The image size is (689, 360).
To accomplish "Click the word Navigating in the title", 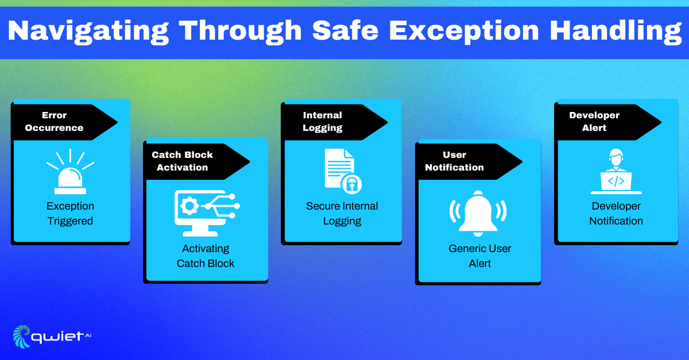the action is pos(88,32).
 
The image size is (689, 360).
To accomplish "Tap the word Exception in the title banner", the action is pos(464,32).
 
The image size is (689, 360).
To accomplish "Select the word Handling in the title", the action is pos(616,32).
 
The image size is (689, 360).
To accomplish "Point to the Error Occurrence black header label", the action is pos(64,122).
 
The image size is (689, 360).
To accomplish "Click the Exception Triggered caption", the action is pos(70,213).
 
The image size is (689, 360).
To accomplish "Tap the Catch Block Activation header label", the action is pos(197,161).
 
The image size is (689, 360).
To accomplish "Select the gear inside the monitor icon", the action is pos(189,206).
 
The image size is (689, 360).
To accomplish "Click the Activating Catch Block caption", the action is pos(206,256).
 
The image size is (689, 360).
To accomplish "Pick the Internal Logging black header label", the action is pos(335,122).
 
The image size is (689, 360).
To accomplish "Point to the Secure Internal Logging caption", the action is pos(342,213).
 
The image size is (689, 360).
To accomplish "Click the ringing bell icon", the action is pos(478,213).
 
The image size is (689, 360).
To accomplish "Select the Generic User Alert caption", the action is pos(480,256).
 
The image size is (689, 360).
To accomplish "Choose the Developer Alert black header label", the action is pos(608,122).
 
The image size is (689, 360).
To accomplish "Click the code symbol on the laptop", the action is pos(616,181).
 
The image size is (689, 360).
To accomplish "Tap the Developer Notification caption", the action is pos(616,213).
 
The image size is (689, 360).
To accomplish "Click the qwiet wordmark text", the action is pos(57,337).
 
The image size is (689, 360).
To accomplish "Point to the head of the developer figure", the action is pos(616,157).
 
